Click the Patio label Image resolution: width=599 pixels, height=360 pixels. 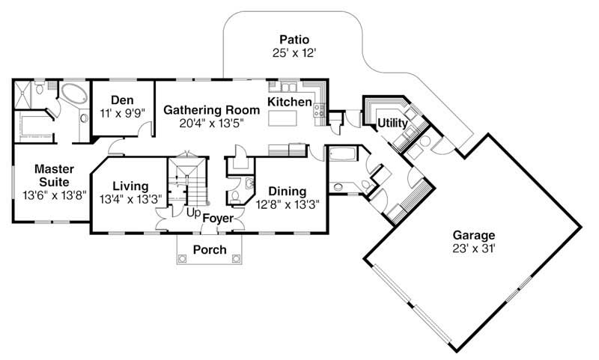point(294,39)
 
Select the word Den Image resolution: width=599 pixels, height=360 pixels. point(121,100)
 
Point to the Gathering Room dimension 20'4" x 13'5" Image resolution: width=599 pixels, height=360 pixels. point(212,123)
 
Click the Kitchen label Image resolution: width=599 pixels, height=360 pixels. point(290,102)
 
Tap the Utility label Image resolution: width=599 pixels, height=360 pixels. point(392,123)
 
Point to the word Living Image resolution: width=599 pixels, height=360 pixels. point(130,187)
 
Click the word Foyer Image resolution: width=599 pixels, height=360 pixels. point(218,219)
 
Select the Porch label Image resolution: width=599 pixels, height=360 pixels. point(210,249)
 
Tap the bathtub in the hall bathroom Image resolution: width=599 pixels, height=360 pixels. point(344,155)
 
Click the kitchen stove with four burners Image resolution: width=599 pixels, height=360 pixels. point(318,112)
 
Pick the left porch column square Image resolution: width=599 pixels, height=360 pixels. point(181,259)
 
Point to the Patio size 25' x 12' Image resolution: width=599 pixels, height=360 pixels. point(294,53)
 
